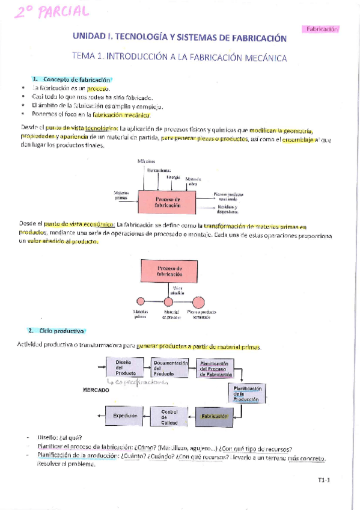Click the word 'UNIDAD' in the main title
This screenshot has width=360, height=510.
click(x=87, y=38)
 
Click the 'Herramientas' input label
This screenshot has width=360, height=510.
click(x=159, y=170)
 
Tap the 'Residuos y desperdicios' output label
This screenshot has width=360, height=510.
click(x=227, y=209)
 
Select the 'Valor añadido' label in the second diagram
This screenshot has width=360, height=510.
click(x=180, y=290)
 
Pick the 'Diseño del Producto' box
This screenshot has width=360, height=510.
click(x=123, y=367)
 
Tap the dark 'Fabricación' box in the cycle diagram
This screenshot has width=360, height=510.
click(x=214, y=416)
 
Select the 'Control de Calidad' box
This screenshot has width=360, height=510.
click(x=169, y=416)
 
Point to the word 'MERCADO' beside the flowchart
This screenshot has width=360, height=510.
click(x=95, y=390)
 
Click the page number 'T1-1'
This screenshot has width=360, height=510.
click(x=325, y=480)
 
